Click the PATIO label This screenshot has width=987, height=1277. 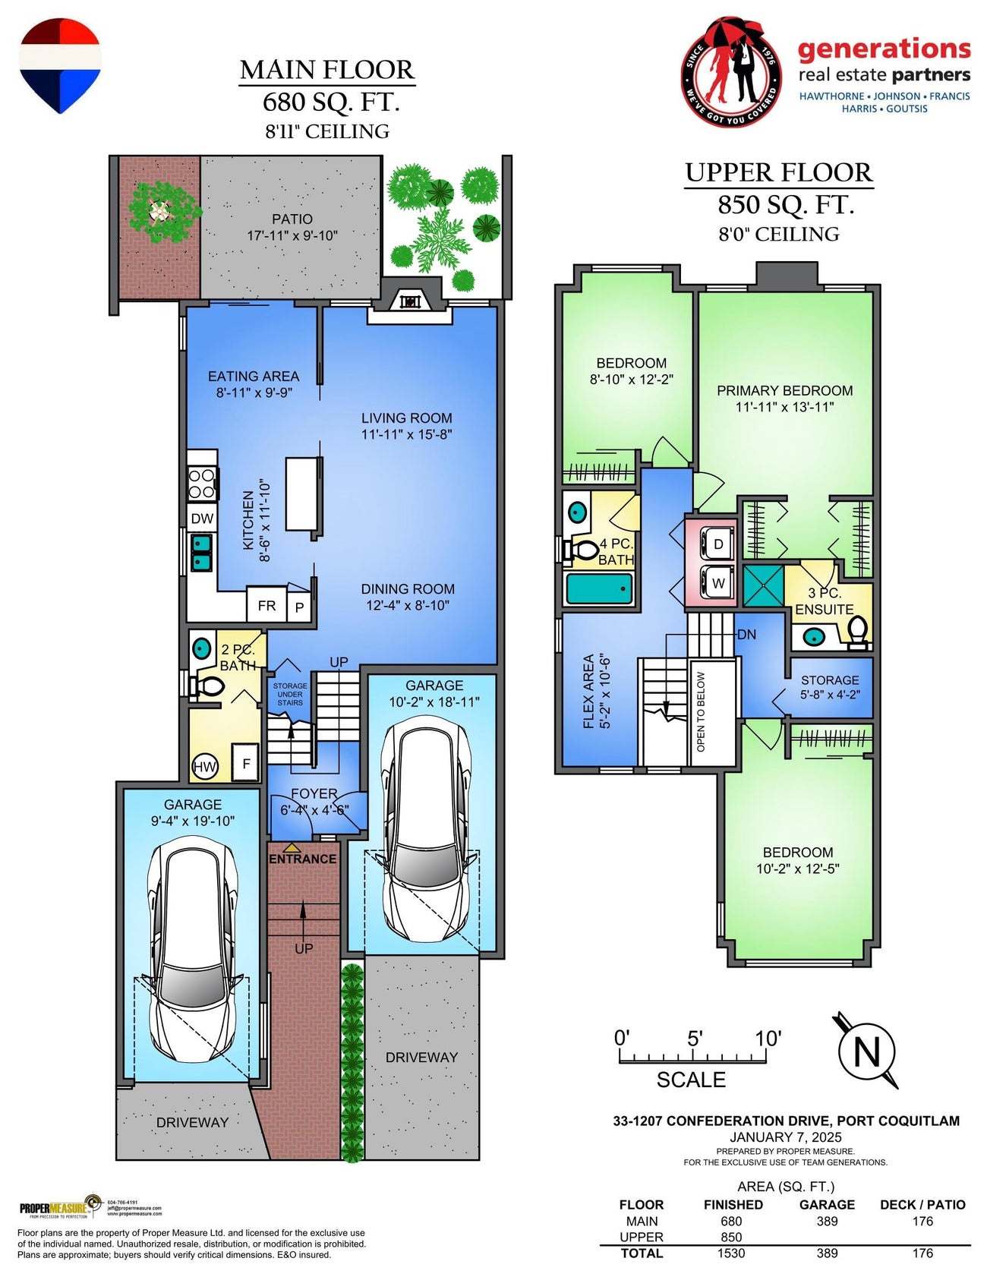click(292, 219)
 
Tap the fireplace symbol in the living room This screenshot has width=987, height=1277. click(410, 301)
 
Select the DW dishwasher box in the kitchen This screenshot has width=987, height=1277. click(202, 519)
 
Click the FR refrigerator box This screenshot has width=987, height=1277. click(266, 606)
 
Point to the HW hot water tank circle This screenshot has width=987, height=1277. click(204, 767)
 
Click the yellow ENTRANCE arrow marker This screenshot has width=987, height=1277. click(292, 847)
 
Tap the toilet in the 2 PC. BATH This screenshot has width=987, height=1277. click(207, 687)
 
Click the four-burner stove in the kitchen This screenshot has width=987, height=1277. click(202, 484)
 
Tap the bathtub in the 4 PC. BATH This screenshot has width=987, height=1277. click(600, 588)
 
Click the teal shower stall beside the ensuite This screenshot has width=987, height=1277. click(763, 585)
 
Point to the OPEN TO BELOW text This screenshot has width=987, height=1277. click(701, 711)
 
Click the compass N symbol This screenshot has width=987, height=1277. click(866, 1052)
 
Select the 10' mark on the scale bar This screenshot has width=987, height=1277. click(767, 1039)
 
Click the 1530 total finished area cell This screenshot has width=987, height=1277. click(731, 1253)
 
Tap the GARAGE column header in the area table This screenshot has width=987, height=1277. click(827, 1205)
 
